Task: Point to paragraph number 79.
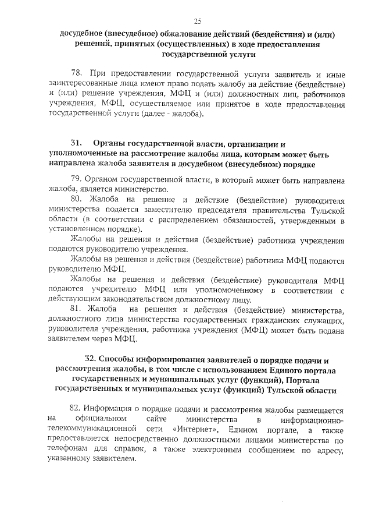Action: tap(76, 179)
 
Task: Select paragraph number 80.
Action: tap(76, 199)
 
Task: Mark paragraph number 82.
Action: tap(76, 409)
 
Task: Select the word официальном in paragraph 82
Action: tap(105, 419)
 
